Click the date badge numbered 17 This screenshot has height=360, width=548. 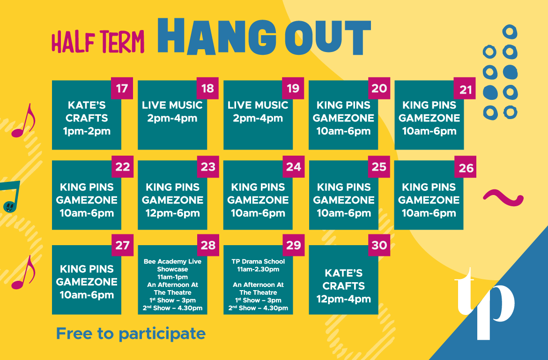(122, 88)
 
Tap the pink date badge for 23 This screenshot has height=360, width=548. (208, 166)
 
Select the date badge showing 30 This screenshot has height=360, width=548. (379, 245)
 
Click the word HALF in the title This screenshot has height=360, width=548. (74, 42)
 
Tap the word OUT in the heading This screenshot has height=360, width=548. (328, 37)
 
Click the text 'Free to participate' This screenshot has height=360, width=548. (131, 334)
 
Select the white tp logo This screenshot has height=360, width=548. (484, 304)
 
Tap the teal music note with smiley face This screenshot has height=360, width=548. (10, 197)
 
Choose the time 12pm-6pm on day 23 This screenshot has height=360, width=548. (173, 213)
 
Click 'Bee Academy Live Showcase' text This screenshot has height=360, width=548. (173, 265)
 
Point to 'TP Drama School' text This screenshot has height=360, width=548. (258, 262)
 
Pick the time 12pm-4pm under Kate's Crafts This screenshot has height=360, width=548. (343, 299)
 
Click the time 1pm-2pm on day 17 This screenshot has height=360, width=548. (87, 131)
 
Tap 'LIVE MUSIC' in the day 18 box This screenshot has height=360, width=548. (172, 105)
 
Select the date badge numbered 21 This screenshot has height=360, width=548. (465, 88)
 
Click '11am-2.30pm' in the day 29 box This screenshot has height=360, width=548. (258, 269)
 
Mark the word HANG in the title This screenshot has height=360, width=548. (217, 37)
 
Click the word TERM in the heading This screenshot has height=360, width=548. (122, 42)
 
